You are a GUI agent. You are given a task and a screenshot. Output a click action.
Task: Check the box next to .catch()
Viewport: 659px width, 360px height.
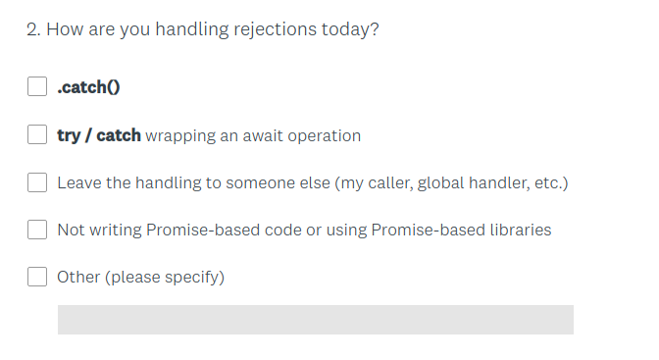[37, 86]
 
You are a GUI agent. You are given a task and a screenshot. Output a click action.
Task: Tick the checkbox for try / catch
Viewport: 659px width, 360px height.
[37, 134]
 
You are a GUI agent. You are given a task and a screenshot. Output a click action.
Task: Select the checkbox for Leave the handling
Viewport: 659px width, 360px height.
[37, 182]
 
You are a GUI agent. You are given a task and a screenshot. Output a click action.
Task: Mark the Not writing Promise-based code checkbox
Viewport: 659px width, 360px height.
[37, 230]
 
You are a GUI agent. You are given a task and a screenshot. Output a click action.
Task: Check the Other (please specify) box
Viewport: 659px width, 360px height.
[37, 277]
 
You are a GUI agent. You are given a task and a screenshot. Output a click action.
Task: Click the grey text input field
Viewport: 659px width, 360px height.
[315, 319]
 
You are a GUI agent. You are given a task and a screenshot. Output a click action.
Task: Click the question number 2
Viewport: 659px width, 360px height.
[32, 29]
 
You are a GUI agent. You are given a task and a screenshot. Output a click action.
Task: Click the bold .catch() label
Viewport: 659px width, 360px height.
[88, 86]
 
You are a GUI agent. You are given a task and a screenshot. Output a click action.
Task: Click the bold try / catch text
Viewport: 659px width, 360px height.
[99, 135]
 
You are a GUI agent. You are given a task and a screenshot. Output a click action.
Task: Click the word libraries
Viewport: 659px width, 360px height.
[517, 230]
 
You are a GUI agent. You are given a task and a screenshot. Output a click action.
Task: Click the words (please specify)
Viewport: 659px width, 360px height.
[166, 278]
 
